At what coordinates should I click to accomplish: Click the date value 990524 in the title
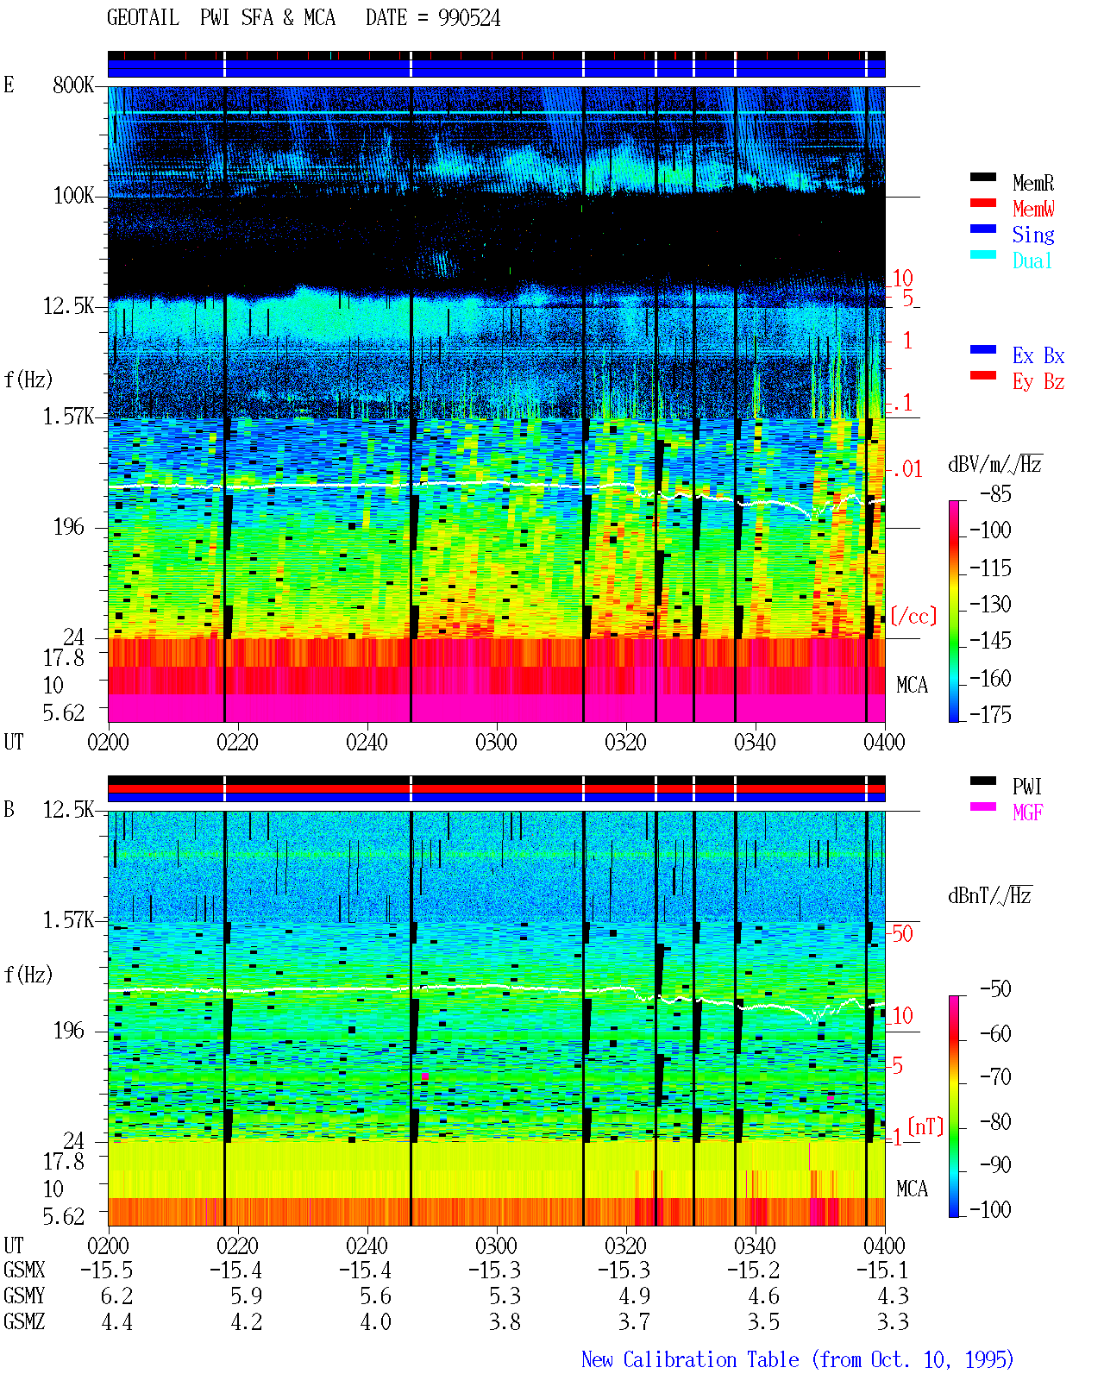point(468,18)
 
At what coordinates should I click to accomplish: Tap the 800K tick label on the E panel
point(73,85)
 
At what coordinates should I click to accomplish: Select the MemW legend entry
point(1033,209)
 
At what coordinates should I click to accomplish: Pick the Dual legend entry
point(1032,260)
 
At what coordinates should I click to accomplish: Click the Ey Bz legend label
point(1038,382)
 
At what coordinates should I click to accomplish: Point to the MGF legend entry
point(1027,812)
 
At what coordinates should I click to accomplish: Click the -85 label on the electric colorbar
point(995,493)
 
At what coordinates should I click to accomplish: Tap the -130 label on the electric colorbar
point(990,604)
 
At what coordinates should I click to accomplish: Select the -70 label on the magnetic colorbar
point(995,1076)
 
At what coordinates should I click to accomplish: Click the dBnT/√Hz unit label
point(989,895)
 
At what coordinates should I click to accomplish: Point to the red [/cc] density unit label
point(913,616)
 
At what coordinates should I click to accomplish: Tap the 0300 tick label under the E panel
point(496,742)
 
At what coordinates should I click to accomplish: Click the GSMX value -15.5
point(107,1270)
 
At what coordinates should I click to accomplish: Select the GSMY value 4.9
point(634,1296)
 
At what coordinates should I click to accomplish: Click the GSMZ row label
point(24,1321)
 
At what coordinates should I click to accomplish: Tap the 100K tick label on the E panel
point(73,196)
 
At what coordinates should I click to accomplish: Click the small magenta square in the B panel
point(425,1076)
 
